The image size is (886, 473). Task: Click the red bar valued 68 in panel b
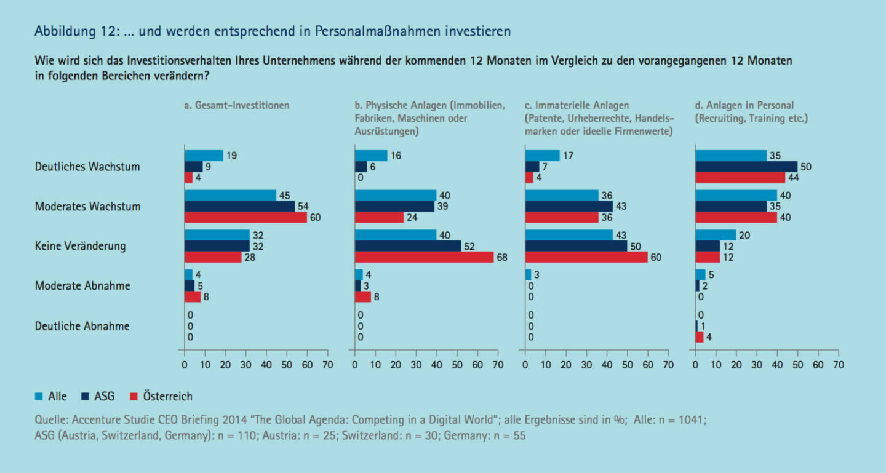pyautogui.click(x=424, y=256)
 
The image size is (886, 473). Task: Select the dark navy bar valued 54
pyautogui.click(x=239, y=206)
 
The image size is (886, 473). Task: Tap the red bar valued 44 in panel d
pyautogui.click(x=740, y=177)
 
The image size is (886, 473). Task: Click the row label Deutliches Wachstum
pyautogui.click(x=87, y=167)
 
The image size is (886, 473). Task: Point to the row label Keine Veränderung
pyautogui.click(x=80, y=246)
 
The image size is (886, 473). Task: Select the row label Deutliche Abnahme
pyautogui.click(x=82, y=326)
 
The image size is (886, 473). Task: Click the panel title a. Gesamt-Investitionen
pyautogui.click(x=237, y=105)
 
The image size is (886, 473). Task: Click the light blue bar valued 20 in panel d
pyautogui.click(x=716, y=235)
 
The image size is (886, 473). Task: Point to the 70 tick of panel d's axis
pyautogui.click(x=838, y=365)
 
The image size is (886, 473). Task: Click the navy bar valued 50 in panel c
pyautogui.click(x=576, y=246)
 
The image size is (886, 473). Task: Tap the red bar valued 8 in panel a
pyautogui.click(x=193, y=296)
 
